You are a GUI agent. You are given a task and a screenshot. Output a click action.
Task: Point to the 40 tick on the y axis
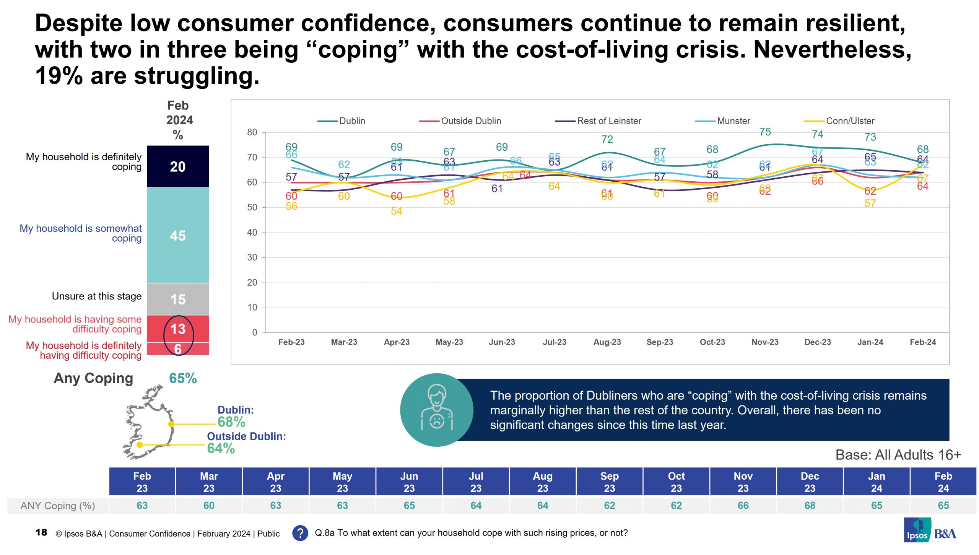(x=252, y=233)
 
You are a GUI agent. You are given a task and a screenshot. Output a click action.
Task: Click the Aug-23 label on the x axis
(x=607, y=342)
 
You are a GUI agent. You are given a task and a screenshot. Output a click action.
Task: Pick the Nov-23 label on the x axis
(x=765, y=342)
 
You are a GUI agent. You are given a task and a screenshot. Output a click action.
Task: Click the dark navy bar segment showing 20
(x=178, y=167)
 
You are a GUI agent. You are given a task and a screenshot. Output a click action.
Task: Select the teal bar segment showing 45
(x=178, y=236)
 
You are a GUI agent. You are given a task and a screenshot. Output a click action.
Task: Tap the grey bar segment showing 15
(x=178, y=299)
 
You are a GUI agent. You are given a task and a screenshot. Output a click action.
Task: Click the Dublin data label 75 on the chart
(x=765, y=132)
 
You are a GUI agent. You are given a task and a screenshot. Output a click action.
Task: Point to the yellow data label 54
(x=396, y=211)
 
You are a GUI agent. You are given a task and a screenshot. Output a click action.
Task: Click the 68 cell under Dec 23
(x=810, y=506)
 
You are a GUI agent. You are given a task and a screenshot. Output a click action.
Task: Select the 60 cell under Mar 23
(x=209, y=506)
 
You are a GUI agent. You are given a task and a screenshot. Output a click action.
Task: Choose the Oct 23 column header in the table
(x=676, y=482)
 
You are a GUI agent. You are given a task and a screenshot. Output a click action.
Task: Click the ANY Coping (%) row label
(x=58, y=506)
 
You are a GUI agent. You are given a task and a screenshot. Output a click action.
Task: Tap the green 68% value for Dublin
(x=231, y=422)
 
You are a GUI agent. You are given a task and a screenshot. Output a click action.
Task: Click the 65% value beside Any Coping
(x=183, y=378)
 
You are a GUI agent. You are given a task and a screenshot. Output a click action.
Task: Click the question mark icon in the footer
(x=300, y=533)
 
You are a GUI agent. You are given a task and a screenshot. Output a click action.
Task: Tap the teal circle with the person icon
(x=436, y=410)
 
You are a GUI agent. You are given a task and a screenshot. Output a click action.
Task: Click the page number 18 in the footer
(x=41, y=532)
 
